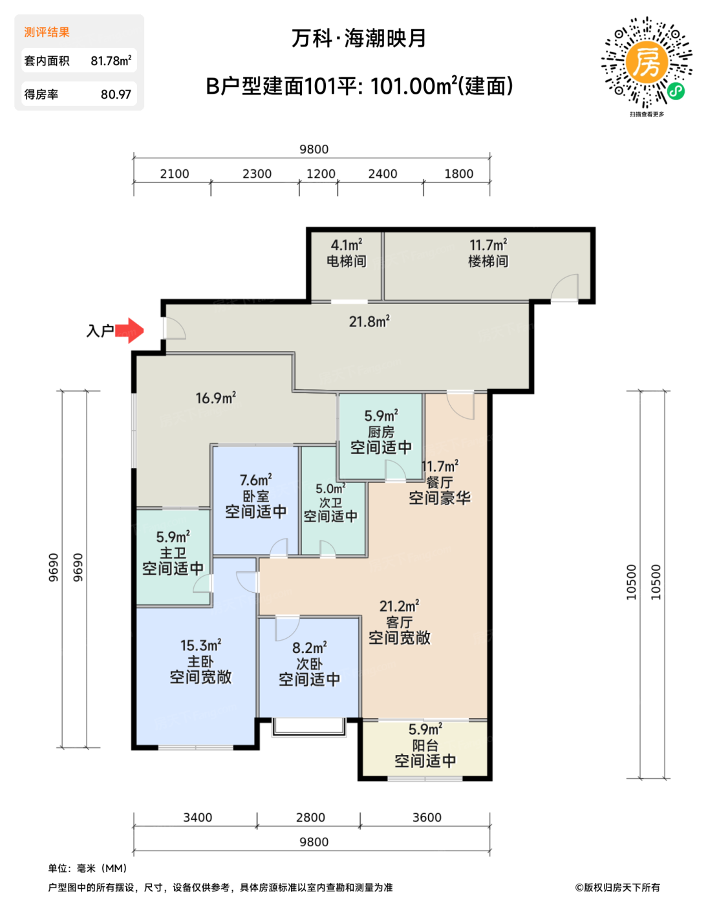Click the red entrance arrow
click(129, 330)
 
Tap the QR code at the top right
click(646, 63)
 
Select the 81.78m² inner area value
click(111, 61)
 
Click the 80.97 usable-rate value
click(116, 94)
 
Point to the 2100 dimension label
click(174, 174)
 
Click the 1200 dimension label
click(321, 174)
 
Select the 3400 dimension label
click(197, 817)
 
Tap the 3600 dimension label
click(427, 817)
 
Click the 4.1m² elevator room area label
click(347, 245)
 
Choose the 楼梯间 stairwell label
click(488, 261)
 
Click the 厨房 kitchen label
click(381, 432)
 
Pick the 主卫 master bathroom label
click(173, 553)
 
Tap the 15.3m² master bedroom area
click(200, 645)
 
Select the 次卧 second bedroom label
click(309, 664)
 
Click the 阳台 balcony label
click(425, 745)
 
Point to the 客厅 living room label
click(399, 622)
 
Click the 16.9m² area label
click(216, 398)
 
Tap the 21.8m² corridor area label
click(369, 321)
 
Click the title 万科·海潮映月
click(359, 38)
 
